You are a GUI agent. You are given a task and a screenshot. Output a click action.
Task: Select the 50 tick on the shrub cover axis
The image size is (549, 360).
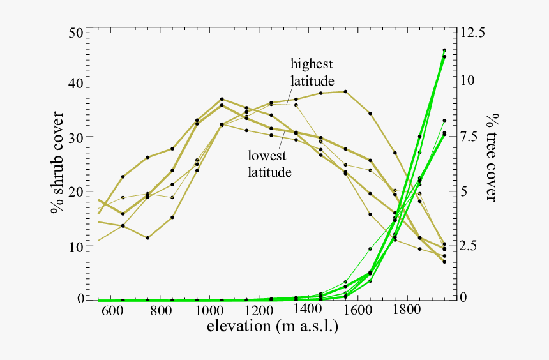(x=75, y=33)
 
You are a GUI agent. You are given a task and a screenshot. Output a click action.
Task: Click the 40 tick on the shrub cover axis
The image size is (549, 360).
(x=75, y=83)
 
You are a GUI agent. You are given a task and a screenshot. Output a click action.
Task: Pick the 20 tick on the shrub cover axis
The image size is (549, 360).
(x=75, y=191)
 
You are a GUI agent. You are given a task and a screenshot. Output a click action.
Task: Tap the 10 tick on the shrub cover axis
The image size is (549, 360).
(x=75, y=246)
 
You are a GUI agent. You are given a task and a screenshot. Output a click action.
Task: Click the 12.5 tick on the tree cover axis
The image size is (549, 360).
(x=472, y=33)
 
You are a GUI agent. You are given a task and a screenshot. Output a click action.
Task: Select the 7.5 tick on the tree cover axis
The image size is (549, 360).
(x=469, y=137)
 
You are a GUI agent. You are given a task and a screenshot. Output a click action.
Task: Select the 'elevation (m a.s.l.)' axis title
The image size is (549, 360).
(x=273, y=327)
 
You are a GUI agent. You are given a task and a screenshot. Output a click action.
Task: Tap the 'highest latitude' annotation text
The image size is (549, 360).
(x=312, y=72)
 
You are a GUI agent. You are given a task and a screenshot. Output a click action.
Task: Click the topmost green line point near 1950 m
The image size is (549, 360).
(x=444, y=50)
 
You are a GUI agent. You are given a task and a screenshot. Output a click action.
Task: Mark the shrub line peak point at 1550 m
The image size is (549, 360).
(x=345, y=91)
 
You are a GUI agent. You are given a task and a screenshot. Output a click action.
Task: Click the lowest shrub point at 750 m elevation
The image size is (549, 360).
(x=147, y=237)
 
